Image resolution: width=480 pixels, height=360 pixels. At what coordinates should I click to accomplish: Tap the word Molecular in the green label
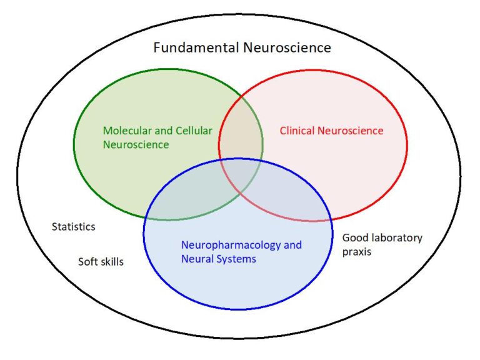[126, 131]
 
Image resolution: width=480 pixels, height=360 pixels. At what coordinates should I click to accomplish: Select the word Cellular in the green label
[193, 131]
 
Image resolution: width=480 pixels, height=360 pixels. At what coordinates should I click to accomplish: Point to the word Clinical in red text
[297, 131]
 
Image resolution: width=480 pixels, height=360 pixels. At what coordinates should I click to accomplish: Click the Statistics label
[73, 226]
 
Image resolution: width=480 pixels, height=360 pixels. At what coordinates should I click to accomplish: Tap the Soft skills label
[101, 262]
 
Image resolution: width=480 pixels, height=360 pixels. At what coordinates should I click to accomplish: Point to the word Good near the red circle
[354, 237]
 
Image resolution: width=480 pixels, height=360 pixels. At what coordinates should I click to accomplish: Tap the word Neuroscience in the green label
[136, 145]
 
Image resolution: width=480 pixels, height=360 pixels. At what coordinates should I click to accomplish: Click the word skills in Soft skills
[111, 262]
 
